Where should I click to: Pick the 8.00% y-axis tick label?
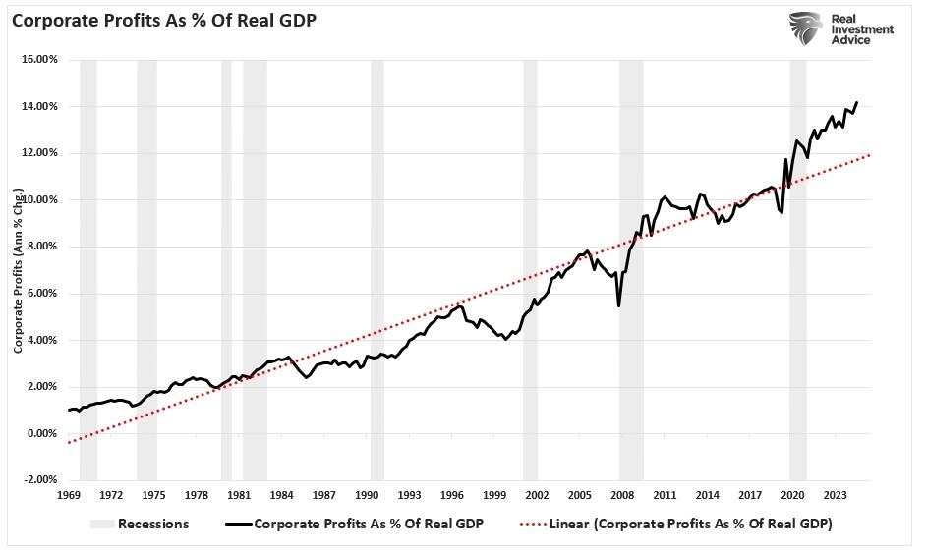[x=41, y=247]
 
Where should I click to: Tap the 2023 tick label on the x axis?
[x=837, y=494]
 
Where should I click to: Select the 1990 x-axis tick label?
[x=367, y=494]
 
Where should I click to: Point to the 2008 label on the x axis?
[x=623, y=494]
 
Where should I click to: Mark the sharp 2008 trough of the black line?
[x=618, y=305]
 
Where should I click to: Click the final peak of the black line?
[x=856, y=102]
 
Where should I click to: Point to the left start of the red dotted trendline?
[x=69, y=443]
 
